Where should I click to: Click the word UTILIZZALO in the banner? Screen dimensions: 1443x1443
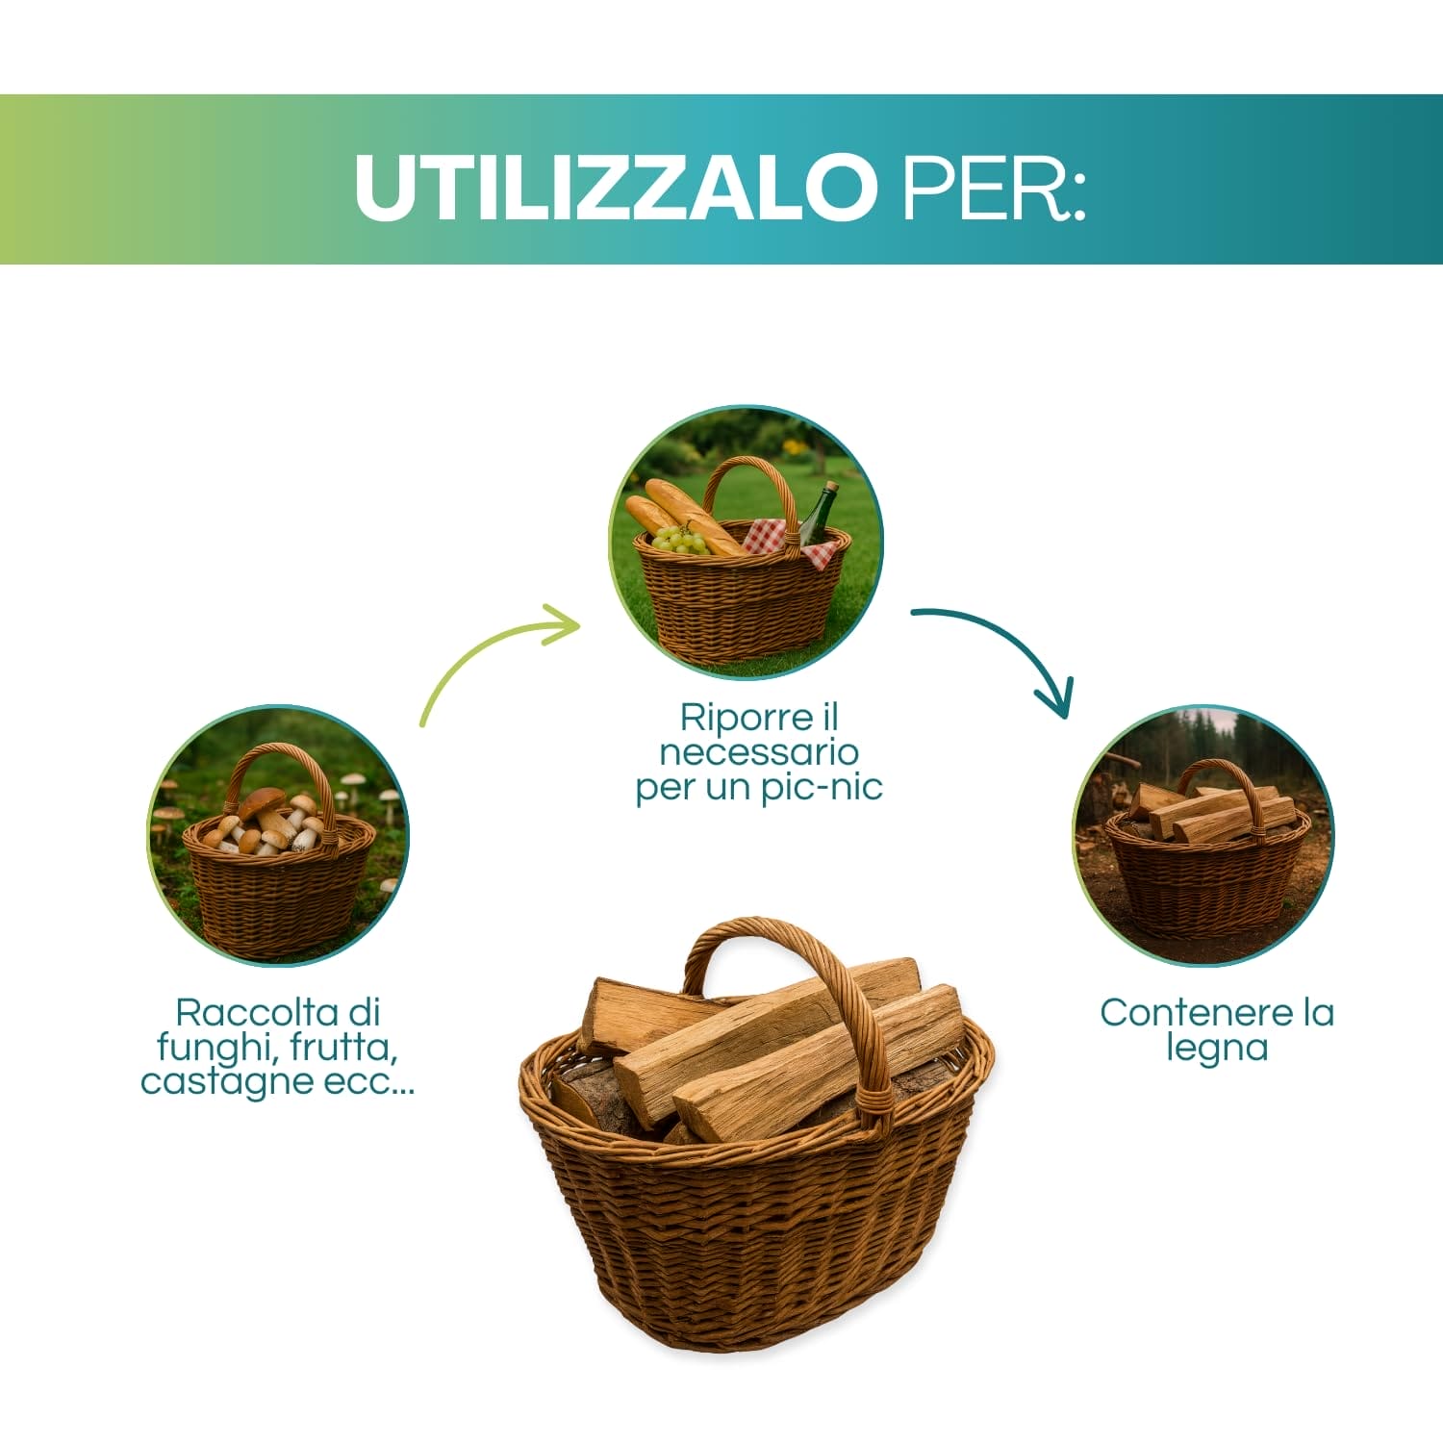click(x=614, y=187)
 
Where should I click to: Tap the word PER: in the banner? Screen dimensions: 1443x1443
click(x=993, y=187)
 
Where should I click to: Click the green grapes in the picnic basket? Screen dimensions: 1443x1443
click(x=680, y=541)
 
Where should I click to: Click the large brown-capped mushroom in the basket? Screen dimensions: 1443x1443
click(x=262, y=801)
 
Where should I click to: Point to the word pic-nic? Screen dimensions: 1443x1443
click(x=821, y=788)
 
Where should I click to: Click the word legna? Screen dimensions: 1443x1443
click(x=1216, y=1049)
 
